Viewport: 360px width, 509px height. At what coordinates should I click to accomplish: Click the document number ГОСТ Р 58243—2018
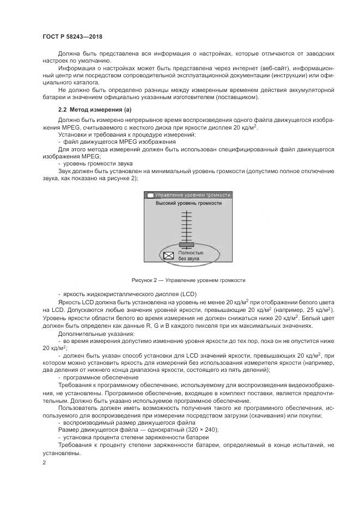coord(72,36)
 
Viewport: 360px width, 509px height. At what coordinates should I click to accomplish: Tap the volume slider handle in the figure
coord(187,244)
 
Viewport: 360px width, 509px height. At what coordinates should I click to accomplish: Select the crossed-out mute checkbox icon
coord(169,255)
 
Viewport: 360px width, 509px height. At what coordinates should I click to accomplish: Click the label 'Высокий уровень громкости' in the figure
coord(188,203)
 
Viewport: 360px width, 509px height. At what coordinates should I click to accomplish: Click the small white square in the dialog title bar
coord(150,194)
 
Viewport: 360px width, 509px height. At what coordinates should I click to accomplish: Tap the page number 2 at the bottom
coord(44,463)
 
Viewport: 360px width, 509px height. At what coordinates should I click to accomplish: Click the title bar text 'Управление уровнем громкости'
coord(192,194)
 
